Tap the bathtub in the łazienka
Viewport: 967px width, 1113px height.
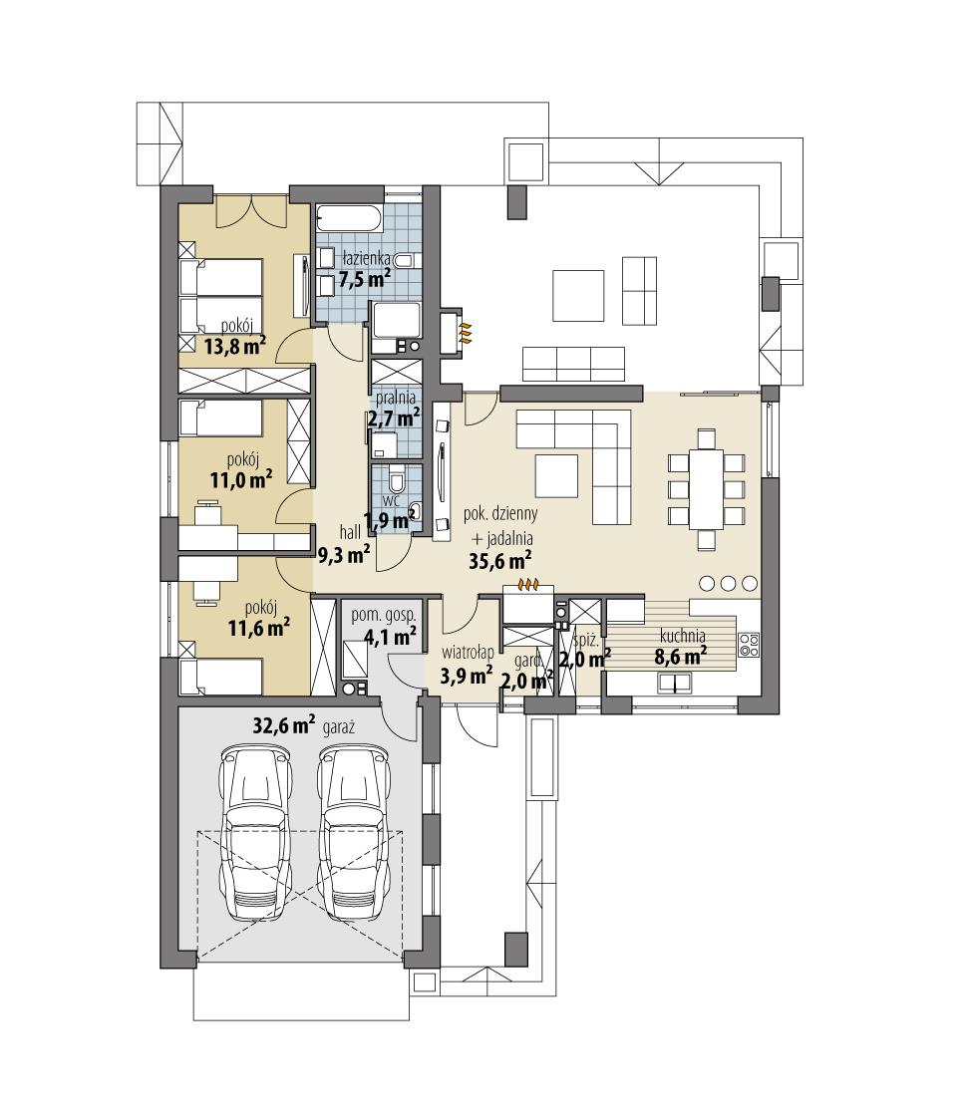(x=349, y=218)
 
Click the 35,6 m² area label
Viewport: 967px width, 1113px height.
(x=499, y=561)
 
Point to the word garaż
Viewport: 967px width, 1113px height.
(x=339, y=727)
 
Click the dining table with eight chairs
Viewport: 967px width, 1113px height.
(x=706, y=489)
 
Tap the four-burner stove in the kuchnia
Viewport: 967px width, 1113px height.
(x=749, y=645)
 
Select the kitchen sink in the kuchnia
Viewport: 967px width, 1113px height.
(x=675, y=683)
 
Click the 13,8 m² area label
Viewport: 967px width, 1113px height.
(x=235, y=346)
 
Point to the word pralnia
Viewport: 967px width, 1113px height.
(x=396, y=399)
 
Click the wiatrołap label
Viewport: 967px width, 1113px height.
(x=468, y=653)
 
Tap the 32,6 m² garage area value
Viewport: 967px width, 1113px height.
(x=284, y=725)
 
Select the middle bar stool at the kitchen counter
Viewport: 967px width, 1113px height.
(x=729, y=584)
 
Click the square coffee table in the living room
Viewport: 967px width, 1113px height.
(x=556, y=476)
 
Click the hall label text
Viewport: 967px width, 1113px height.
(x=350, y=532)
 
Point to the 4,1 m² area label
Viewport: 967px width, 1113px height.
(x=390, y=636)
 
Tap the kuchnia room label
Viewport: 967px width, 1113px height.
(x=682, y=636)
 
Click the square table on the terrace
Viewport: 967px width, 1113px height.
(x=578, y=295)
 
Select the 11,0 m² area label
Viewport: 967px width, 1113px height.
(x=240, y=480)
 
